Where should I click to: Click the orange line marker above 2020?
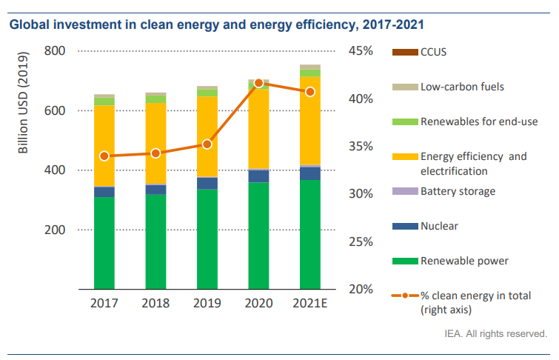[x=258, y=83]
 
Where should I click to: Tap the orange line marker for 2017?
[x=104, y=156]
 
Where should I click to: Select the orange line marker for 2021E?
[x=310, y=92]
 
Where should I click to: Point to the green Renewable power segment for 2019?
[x=207, y=239]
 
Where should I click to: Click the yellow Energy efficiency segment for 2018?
[x=155, y=143]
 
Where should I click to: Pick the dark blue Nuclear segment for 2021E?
[x=310, y=173]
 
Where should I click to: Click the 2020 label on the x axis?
[x=258, y=304]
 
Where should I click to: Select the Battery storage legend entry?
[x=458, y=191]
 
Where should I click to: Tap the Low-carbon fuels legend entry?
[x=462, y=87]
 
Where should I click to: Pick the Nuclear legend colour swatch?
[x=404, y=226]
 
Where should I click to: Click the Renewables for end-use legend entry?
[x=478, y=121]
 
